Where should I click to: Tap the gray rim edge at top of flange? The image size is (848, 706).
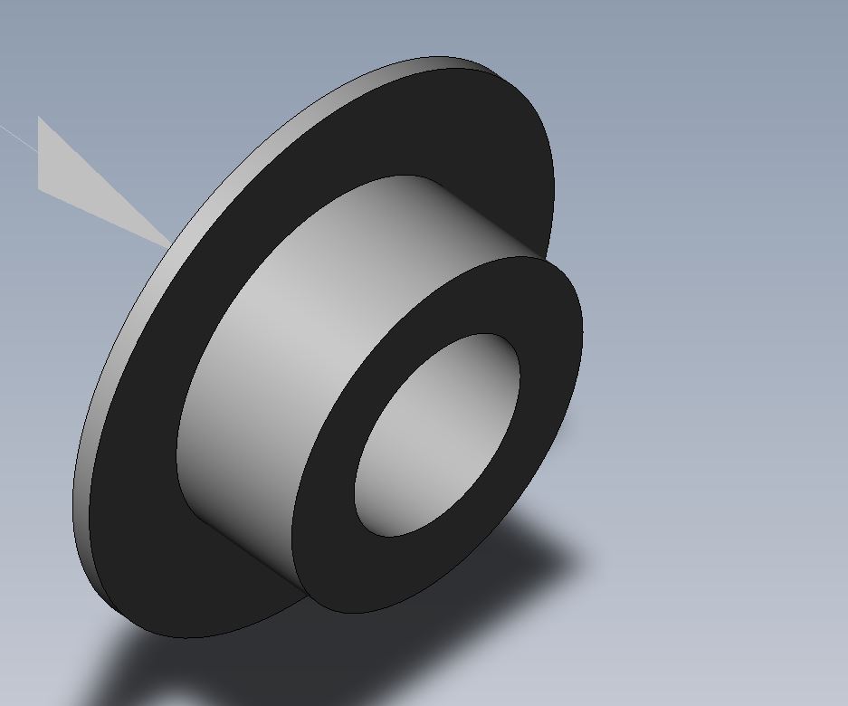click(407, 68)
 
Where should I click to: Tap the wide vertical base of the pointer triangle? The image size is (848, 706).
click(40, 154)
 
